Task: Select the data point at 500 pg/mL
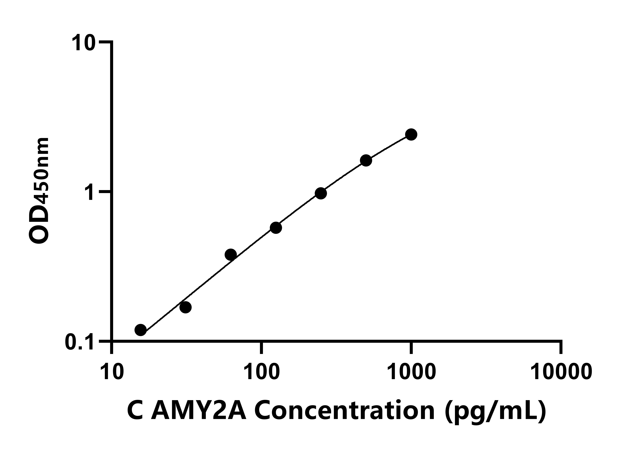coord(366,160)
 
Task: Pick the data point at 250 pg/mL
coord(321,193)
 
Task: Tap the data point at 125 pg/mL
coord(276,228)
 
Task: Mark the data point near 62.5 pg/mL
coord(231,254)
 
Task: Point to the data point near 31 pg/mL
coord(185,307)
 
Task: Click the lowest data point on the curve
coord(141,330)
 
